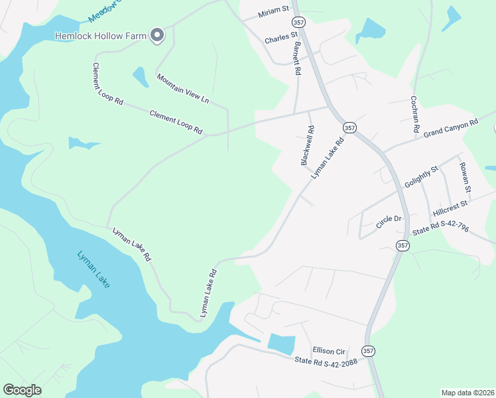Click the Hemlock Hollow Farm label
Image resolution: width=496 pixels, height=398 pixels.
pyautogui.click(x=101, y=35)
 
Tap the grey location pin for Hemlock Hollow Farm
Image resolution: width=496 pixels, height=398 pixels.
pyautogui.click(x=156, y=34)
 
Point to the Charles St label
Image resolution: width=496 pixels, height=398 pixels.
pyautogui.click(x=277, y=40)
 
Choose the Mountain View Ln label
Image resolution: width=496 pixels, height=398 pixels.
pyautogui.click(x=183, y=88)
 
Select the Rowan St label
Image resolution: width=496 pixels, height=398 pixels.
pyautogui.click(x=465, y=178)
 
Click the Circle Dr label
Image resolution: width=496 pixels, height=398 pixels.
pyautogui.click(x=389, y=222)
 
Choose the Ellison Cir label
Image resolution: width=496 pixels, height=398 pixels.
pyautogui.click(x=330, y=350)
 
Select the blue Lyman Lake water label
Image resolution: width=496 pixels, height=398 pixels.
pyautogui.click(x=93, y=268)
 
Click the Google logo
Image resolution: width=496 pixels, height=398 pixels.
pyautogui.click(x=23, y=390)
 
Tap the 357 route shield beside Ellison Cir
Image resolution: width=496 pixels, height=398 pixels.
pyautogui.click(x=369, y=350)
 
